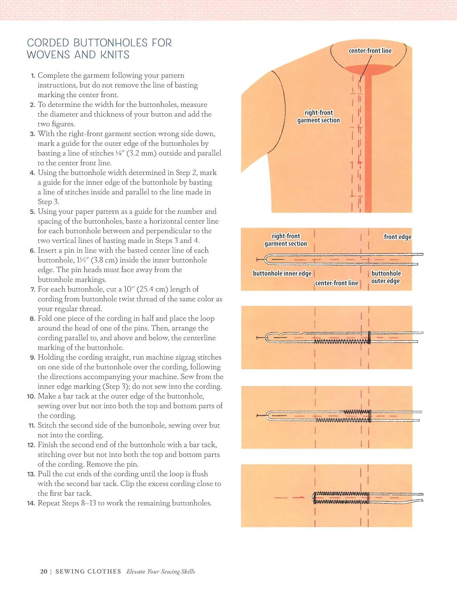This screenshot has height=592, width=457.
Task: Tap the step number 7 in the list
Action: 33,289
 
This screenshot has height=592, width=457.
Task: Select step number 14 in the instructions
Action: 31,503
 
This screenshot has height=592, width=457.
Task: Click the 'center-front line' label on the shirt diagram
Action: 370,51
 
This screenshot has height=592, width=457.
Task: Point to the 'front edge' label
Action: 397,237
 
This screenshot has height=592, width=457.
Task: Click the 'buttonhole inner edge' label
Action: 282,274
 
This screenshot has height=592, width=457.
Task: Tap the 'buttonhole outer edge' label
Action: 386,277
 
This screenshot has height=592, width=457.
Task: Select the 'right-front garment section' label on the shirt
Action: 319,116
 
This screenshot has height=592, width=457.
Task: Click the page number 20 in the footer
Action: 43,571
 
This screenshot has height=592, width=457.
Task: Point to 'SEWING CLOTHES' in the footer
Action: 88,571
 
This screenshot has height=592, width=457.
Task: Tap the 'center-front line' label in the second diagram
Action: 336,283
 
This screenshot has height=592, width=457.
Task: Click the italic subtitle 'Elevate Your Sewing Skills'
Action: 160,571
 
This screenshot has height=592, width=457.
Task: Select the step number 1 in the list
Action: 33,75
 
